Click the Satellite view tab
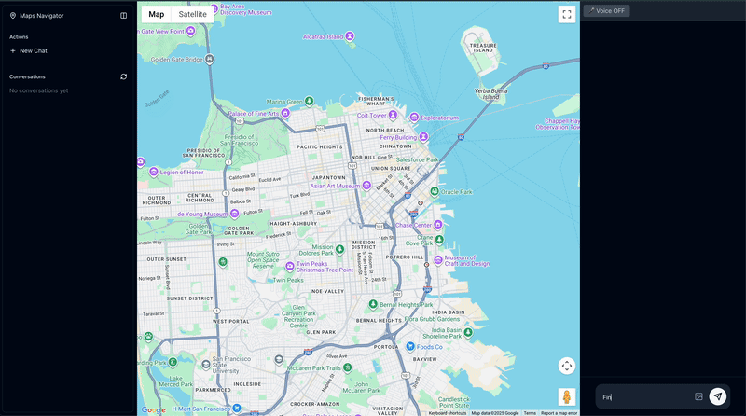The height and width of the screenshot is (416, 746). pos(193,14)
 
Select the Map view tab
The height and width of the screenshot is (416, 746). pos(157,14)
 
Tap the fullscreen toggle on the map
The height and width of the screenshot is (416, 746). pos(567,14)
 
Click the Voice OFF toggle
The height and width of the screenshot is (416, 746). pos(606,10)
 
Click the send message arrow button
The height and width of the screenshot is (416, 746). pos(717,396)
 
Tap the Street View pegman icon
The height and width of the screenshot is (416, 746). pos(567,396)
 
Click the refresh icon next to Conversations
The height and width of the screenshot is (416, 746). pos(123,76)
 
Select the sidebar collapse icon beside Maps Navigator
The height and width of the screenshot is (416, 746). pos(123,16)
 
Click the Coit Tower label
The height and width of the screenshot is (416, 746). pos(370,116)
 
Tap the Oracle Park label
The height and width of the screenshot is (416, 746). pos(456,192)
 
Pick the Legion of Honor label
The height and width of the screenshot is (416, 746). pos(181,172)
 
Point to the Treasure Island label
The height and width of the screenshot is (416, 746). pos(483,48)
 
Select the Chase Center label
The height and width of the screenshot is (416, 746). pos(413,225)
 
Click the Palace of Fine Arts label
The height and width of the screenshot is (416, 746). pos(255,115)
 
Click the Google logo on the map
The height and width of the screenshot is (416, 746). pos(153,409)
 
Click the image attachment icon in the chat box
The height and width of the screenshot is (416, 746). pos(698,396)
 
